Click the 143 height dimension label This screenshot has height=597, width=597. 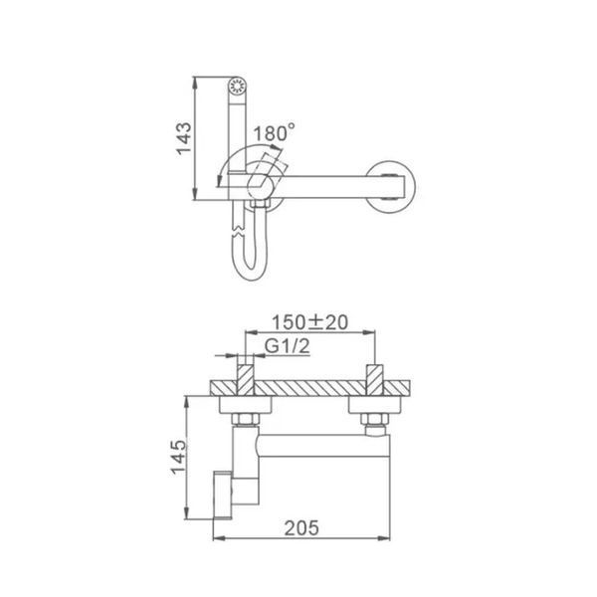point(184,138)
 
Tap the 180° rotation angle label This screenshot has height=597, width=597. point(274,132)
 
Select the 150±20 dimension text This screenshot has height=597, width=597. point(309,322)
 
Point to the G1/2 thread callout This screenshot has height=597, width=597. point(288,346)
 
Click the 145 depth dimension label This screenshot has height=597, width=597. point(178,457)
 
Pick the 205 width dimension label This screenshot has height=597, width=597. point(301,528)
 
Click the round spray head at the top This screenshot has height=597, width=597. point(237,86)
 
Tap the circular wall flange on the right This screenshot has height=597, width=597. point(391,187)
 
